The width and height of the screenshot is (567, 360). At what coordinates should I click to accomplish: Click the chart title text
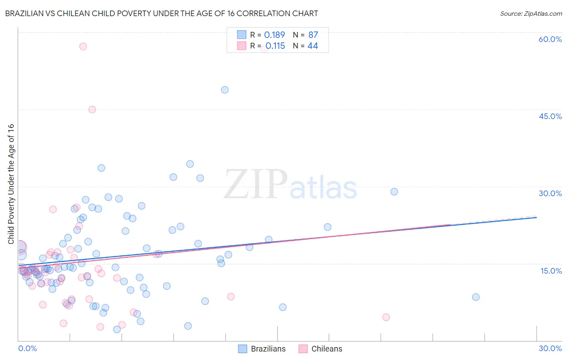tap(161, 13)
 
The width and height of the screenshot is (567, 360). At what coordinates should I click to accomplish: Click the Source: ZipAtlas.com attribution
tap(531, 13)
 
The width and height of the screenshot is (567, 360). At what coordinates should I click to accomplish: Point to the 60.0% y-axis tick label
tap(550, 39)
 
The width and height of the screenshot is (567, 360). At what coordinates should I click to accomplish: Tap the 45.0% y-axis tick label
tap(550, 116)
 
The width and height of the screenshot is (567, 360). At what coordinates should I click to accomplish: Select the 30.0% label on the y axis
tap(550, 193)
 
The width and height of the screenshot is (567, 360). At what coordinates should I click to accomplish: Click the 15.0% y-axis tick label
tap(551, 270)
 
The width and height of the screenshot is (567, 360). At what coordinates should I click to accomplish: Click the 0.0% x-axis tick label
tap(27, 348)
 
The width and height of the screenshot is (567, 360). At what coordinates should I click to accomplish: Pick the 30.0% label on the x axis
tap(550, 348)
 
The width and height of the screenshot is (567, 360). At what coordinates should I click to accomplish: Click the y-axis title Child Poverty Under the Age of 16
tap(11, 184)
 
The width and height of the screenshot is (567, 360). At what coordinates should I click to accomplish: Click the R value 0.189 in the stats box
tap(274, 35)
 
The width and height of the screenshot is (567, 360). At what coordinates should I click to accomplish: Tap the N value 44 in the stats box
tap(313, 46)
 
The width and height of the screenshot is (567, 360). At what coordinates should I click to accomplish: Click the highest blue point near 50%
tap(225, 90)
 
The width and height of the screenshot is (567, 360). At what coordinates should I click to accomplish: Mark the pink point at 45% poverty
tap(92, 109)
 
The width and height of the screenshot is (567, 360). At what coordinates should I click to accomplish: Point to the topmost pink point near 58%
tap(83, 46)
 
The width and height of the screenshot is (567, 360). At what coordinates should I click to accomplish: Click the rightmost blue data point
tap(476, 297)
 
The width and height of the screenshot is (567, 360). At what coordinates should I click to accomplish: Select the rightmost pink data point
tap(386, 317)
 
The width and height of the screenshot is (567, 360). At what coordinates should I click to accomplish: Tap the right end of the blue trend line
tap(536, 217)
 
